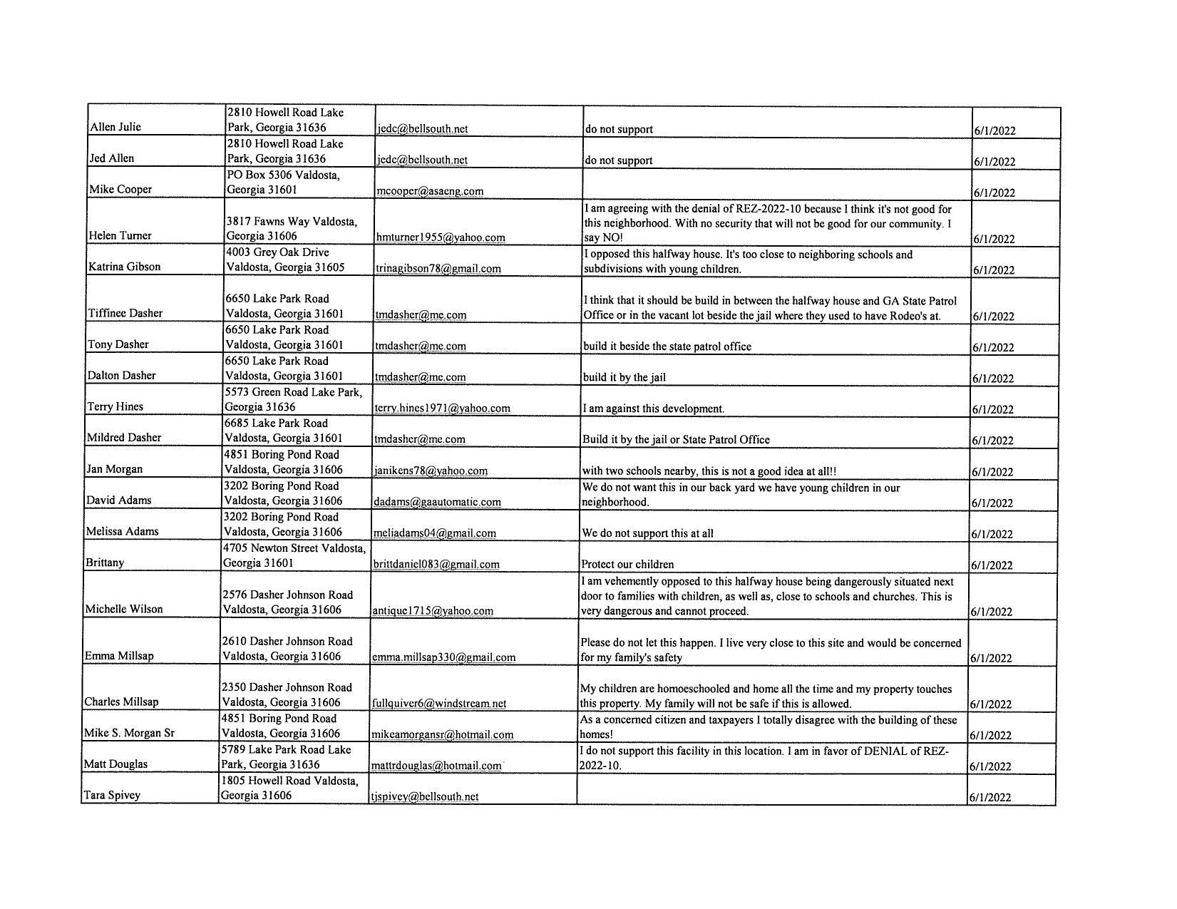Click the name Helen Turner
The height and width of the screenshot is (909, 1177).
coord(120,235)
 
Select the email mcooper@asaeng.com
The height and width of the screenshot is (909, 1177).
coord(430,191)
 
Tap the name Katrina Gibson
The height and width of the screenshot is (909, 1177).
coord(124,267)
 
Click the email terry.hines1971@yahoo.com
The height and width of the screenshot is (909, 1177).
coord(442,408)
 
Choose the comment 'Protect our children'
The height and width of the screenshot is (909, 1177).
coord(627,564)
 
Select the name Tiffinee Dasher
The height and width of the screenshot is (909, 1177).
coord(125,313)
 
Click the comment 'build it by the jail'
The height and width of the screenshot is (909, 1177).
coord(625,377)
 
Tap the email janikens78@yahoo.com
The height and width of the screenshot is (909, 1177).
coord(431,471)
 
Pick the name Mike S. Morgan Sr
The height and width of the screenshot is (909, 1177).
coord(129,733)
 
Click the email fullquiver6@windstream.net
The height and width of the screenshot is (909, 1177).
coord(439,703)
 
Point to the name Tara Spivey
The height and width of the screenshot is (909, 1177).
coord(112,795)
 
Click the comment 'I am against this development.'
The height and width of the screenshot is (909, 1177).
coord(653,409)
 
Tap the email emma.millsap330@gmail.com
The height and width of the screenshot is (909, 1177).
coord(443,657)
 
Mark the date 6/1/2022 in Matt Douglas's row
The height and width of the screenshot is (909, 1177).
coord(991,766)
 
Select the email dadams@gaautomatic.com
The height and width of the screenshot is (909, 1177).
coord(436,502)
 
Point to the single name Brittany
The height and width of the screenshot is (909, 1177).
coord(105,563)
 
